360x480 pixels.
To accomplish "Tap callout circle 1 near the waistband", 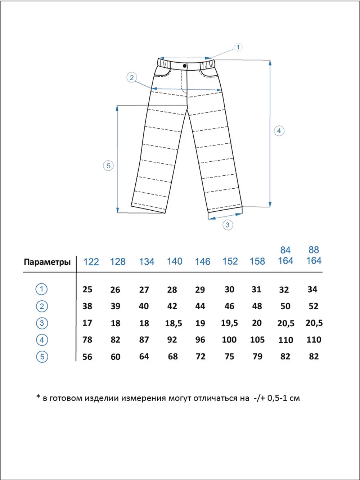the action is [238, 47].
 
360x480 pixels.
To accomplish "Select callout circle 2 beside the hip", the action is [132, 77].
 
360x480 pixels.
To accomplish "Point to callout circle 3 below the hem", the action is [228, 225].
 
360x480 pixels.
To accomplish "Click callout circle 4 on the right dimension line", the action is [279, 131].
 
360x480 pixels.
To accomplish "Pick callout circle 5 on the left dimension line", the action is [108, 166].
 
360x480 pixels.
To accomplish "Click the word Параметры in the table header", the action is [47, 262].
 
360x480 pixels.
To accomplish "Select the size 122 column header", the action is [91, 262].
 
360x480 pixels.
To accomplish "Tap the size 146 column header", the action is [202, 262].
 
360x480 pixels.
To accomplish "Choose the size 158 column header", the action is [257, 262].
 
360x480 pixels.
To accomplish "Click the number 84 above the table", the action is [285, 250].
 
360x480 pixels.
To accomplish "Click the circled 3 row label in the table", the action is [42, 323].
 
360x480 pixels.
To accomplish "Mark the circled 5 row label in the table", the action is [42, 356].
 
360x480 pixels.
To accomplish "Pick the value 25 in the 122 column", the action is [87, 290].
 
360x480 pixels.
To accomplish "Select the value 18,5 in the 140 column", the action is [174, 323].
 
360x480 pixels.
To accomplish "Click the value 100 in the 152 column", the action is [229, 340].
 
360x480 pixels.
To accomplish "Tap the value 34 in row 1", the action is [312, 290].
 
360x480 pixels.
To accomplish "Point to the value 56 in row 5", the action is [87, 357].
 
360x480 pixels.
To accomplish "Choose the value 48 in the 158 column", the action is [257, 306].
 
